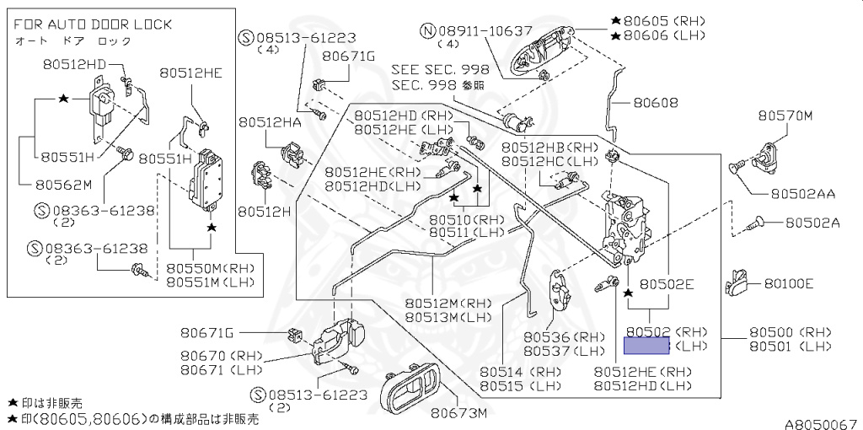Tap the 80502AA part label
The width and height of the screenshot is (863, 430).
pos(801,193)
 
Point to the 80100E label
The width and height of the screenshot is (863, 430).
pos(789,283)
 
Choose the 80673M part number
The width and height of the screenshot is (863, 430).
pos(458,413)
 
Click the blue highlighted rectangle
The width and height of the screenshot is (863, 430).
pos(646,345)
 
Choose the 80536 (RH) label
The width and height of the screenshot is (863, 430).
pos(564,337)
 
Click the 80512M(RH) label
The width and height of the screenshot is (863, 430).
pos(448,304)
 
